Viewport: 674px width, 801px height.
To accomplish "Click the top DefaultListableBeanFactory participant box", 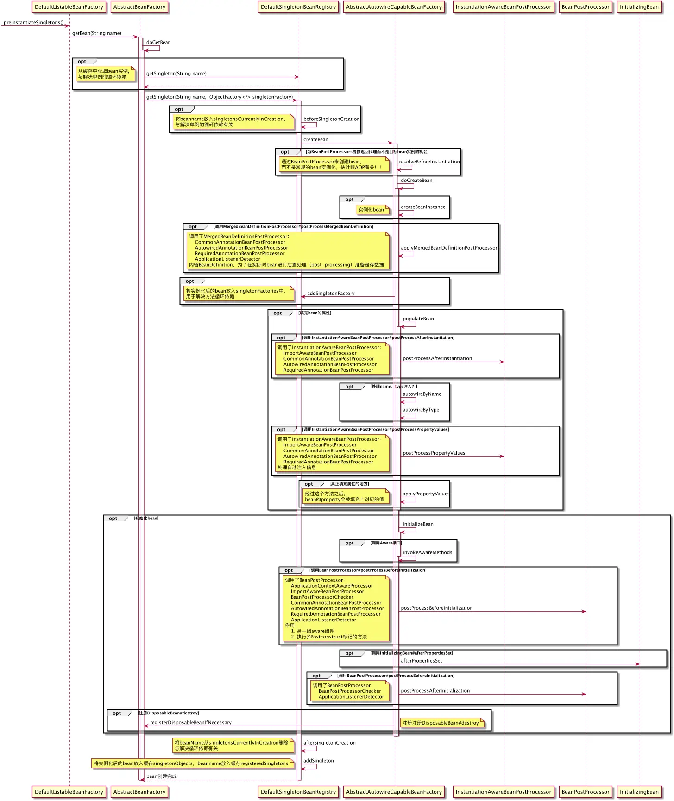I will pyautogui.click(x=69, y=7).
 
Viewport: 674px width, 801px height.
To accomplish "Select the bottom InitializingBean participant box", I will pyautogui.click(x=639, y=792).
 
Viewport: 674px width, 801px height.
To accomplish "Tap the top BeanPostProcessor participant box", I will pyautogui.click(x=586, y=7).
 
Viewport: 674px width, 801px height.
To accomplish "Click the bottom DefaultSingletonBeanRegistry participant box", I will pyautogui.click(x=298, y=792).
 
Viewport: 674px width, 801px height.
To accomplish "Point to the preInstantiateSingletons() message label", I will pyautogui.click(x=33, y=22).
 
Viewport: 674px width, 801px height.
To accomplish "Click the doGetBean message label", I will pyautogui.click(x=158, y=42).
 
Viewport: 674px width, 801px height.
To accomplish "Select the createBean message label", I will pyautogui.click(x=315, y=139).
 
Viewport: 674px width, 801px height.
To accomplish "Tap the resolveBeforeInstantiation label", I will pyautogui.click(x=429, y=162).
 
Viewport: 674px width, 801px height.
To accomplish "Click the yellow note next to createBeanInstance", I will pyautogui.click(x=371, y=210).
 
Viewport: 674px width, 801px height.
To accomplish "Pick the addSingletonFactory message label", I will pyautogui.click(x=331, y=293).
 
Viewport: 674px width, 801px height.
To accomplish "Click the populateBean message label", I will pyautogui.click(x=418, y=319).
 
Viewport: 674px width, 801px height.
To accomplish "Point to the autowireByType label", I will pyautogui.click(x=421, y=410).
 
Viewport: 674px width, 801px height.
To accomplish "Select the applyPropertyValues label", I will pyautogui.click(x=426, y=494).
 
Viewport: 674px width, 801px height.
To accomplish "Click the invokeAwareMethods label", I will pyautogui.click(x=427, y=552).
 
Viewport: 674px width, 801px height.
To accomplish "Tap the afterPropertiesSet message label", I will pyautogui.click(x=421, y=661).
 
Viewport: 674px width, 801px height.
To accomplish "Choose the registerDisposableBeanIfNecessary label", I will pyautogui.click(x=191, y=722).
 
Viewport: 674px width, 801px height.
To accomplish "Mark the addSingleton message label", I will pyautogui.click(x=318, y=761).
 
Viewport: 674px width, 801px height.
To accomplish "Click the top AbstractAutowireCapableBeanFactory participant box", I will pyautogui.click(x=394, y=7).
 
